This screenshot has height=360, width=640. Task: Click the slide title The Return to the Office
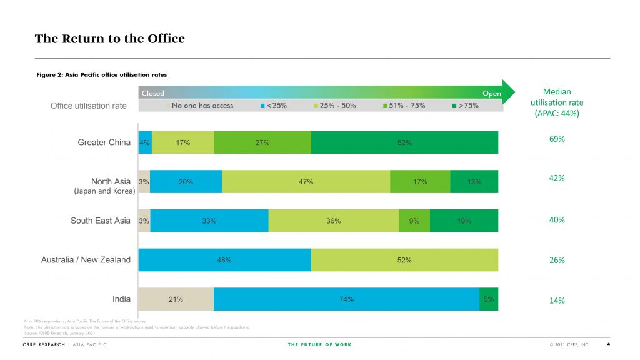click(x=110, y=39)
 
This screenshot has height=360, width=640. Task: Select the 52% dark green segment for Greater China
click(x=404, y=142)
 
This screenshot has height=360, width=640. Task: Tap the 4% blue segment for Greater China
click(x=144, y=142)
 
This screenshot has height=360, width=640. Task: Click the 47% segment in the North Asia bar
click(x=306, y=182)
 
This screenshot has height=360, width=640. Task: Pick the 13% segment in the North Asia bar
click(x=474, y=182)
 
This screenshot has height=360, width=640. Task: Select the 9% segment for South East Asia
click(x=414, y=221)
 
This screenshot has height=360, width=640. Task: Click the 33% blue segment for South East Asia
click(x=209, y=221)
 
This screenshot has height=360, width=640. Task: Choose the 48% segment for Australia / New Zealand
click(x=224, y=260)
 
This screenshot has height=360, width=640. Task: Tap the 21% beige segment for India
click(x=176, y=299)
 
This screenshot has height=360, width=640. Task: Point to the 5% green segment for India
click(x=488, y=299)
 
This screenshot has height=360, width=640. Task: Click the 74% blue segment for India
click(x=346, y=299)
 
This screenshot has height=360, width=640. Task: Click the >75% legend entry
click(x=465, y=106)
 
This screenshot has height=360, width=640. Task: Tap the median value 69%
click(x=557, y=139)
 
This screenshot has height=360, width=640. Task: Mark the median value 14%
click(x=557, y=301)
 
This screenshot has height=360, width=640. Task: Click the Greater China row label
click(x=104, y=142)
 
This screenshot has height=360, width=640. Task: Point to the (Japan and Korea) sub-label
click(x=104, y=191)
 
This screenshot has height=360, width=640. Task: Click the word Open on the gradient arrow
click(x=491, y=93)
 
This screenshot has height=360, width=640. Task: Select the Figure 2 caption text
click(x=101, y=75)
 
